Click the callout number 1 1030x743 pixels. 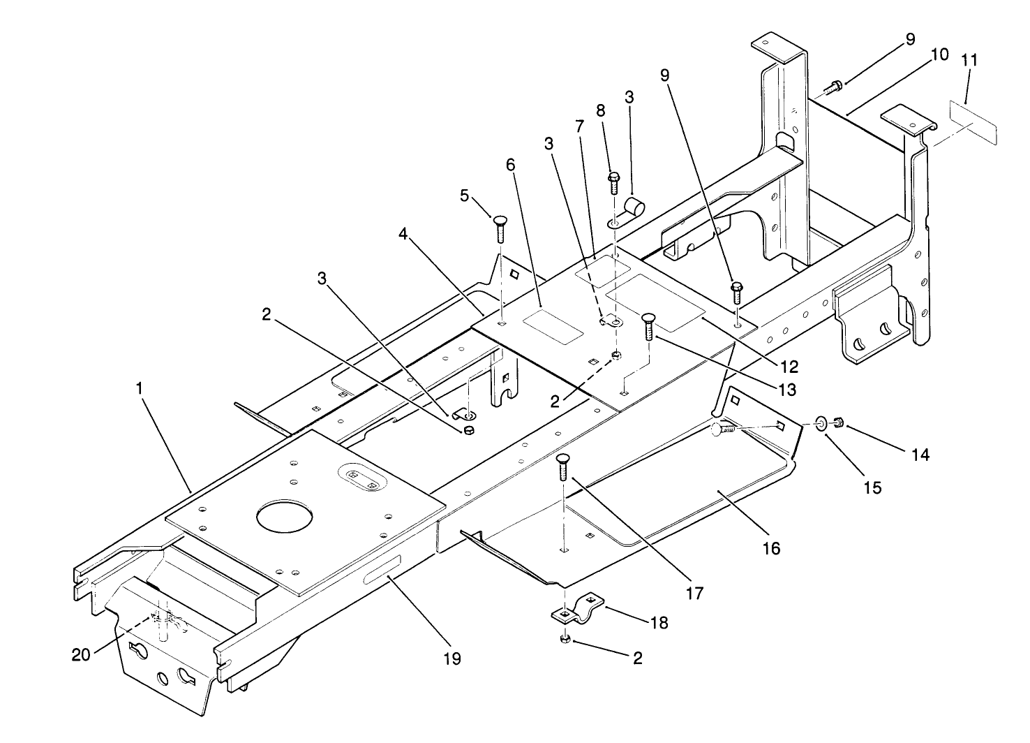(x=140, y=388)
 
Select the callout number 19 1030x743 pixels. (x=452, y=658)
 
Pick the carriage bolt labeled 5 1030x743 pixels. (x=500, y=228)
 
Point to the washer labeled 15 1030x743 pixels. (x=821, y=422)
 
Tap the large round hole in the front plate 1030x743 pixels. (x=285, y=517)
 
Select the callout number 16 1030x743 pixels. (x=771, y=547)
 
